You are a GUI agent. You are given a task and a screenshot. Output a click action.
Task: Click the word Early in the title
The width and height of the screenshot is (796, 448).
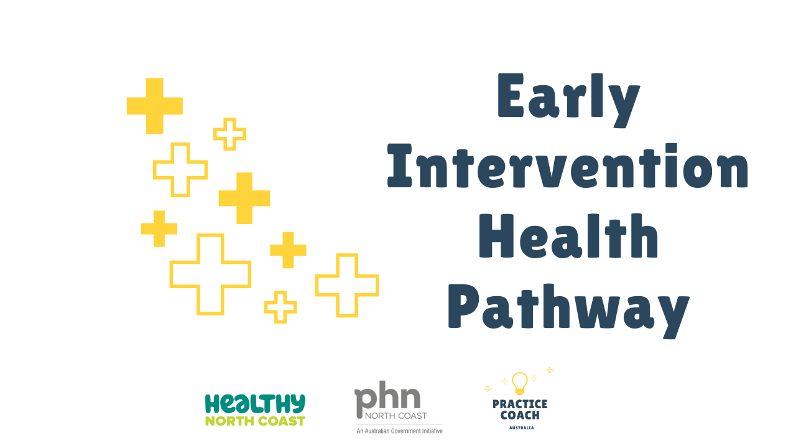[x=568, y=100]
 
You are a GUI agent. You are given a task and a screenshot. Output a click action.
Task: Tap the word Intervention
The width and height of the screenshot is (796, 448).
[x=568, y=166]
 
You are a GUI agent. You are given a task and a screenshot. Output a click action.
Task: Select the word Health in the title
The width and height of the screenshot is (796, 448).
[x=568, y=236]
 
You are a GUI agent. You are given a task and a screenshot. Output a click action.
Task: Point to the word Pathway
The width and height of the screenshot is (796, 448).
[x=568, y=312]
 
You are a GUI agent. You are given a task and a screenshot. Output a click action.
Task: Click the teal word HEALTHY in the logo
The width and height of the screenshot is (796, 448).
[x=255, y=404]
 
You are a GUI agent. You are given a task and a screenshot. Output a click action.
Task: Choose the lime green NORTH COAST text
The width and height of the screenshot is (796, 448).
[x=255, y=421]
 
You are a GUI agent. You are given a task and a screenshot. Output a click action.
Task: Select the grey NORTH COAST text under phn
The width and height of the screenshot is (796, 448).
[x=396, y=416]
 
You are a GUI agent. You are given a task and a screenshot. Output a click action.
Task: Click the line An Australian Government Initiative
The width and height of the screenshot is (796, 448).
[x=399, y=431]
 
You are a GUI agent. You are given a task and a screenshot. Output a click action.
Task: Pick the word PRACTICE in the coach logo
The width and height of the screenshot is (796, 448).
[x=520, y=404]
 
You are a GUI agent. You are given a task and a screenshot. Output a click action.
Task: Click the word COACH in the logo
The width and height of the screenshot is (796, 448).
[x=520, y=415]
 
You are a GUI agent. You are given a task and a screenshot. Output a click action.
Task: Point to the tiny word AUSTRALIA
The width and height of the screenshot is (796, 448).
[x=521, y=427]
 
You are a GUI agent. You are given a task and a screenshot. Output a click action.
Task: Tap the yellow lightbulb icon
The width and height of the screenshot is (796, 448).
[x=519, y=383]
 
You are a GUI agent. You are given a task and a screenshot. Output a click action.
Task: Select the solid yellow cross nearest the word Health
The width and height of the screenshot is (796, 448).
[x=288, y=250]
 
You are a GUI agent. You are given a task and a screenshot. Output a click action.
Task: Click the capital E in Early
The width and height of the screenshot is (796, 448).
[x=511, y=95]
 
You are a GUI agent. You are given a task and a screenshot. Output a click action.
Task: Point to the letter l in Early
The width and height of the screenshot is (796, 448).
[x=597, y=95]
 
